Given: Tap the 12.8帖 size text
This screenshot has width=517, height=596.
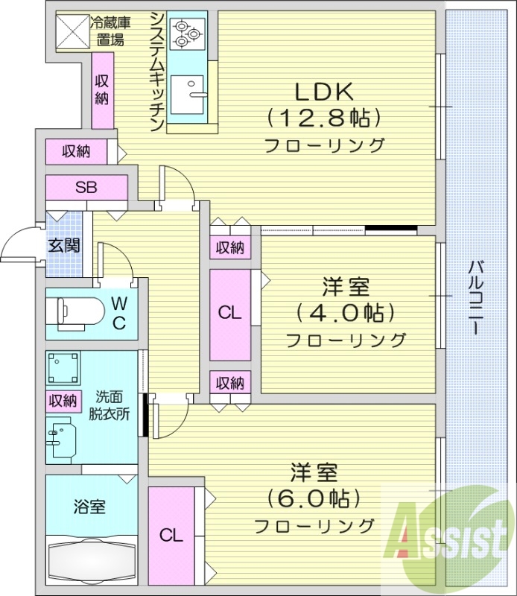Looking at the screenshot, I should [324, 118].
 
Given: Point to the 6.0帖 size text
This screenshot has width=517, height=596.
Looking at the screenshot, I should [314, 498].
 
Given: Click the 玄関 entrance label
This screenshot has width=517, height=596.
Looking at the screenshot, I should [64, 245].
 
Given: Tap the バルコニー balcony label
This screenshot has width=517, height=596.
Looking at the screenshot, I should [477, 297].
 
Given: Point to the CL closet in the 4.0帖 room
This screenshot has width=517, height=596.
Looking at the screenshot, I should [229, 314].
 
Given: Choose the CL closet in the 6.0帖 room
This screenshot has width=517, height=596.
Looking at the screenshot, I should [171, 534].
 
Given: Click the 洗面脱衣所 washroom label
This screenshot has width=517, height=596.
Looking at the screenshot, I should [112, 405].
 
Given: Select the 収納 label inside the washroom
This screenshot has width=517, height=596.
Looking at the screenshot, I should [63, 400].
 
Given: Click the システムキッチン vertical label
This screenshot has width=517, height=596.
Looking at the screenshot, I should [156, 72].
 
